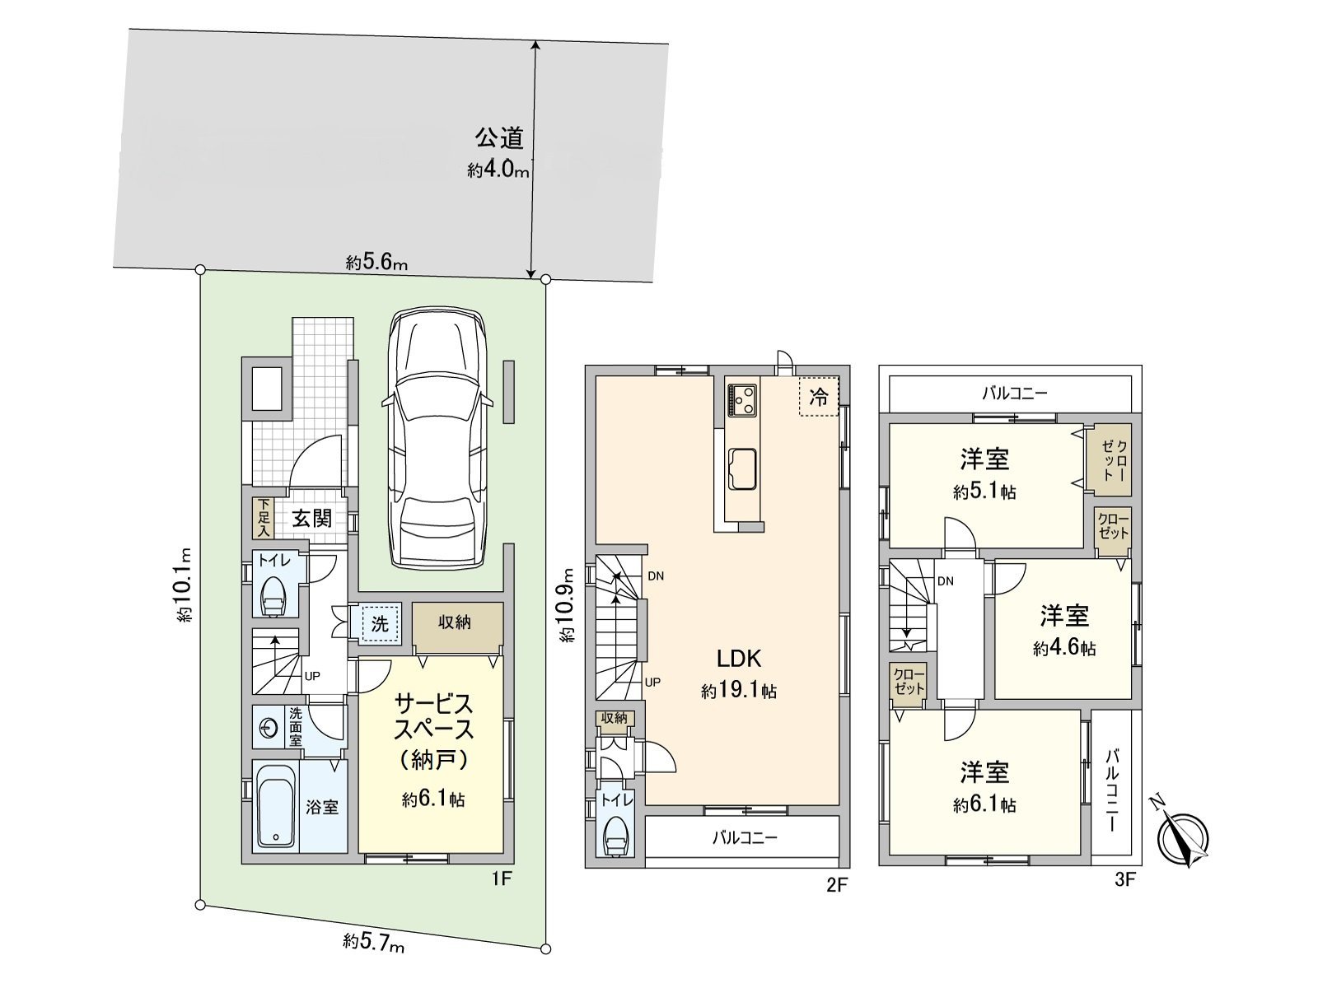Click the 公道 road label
pyautogui.click(x=498, y=137)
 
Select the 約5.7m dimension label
pyautogui.click(x=374, y=940)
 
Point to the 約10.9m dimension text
pyautogui.click(x=567, y=605)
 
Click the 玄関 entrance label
pyautogui.click(x=312, y=518)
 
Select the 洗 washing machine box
pyautogui.click(x=379, y=623)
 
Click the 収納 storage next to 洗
pyautogui.click(x=455, y=623)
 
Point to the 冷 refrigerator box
pyautogui.click(x=819, y=398)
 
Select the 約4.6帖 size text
pyautogui.click(x=1064, y=649)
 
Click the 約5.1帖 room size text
pyautogui.click(x=984, y=492)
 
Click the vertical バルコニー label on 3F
pyautogui.click(x=1111, y=789)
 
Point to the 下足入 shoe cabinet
pyautogui.click(x=263, y=518)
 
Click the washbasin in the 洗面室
pyautogui.click(x=269, y=728)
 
